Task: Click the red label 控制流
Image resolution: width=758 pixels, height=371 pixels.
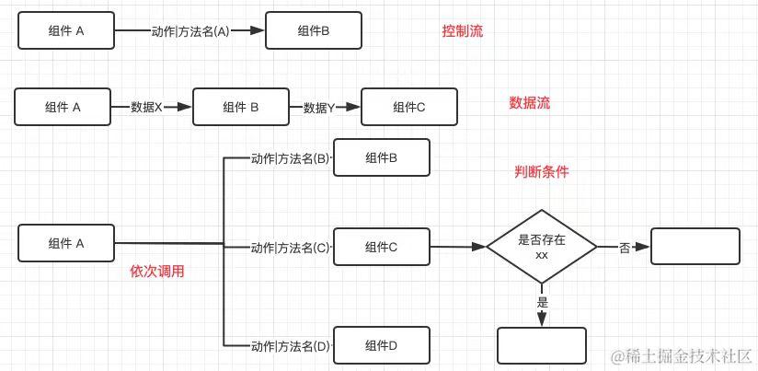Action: tap(462, 30)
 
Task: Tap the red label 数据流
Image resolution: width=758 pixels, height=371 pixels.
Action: tap(529, 103)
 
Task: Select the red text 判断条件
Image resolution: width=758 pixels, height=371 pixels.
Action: tap(541, 172)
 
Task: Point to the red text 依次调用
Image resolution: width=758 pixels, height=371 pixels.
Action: tap(164, 272)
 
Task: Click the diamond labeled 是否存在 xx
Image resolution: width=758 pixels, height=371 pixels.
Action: tap(541, 246)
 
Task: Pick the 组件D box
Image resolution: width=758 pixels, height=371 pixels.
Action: tap(381, 345)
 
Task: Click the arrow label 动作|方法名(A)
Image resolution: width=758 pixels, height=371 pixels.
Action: tap(190, 30)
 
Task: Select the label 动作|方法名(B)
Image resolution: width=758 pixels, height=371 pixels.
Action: tap(290, 158)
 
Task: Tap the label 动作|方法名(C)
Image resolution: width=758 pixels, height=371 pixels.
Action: tap(290, 247)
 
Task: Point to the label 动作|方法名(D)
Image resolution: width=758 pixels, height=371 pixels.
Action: tap(290, 346)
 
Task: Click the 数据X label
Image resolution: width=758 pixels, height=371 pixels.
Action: tap(146, 107)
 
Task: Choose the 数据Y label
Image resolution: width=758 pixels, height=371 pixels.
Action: tap(318, 107)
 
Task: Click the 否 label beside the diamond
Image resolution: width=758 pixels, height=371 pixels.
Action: tap(625, 248)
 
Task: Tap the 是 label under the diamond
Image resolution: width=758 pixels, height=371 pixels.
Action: tap(542, 301)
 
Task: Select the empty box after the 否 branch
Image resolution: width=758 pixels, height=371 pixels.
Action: tap(695, 247)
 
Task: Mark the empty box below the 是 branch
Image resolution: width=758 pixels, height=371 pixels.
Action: tap(541, 345)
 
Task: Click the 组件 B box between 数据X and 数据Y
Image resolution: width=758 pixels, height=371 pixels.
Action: tap(240, 107)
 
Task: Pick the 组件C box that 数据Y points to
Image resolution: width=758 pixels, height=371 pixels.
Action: tap(408, 107)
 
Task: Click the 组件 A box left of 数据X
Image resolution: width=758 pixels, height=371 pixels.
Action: tap(63, 107)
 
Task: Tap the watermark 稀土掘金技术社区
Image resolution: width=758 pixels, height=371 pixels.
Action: tap(682, 355)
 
